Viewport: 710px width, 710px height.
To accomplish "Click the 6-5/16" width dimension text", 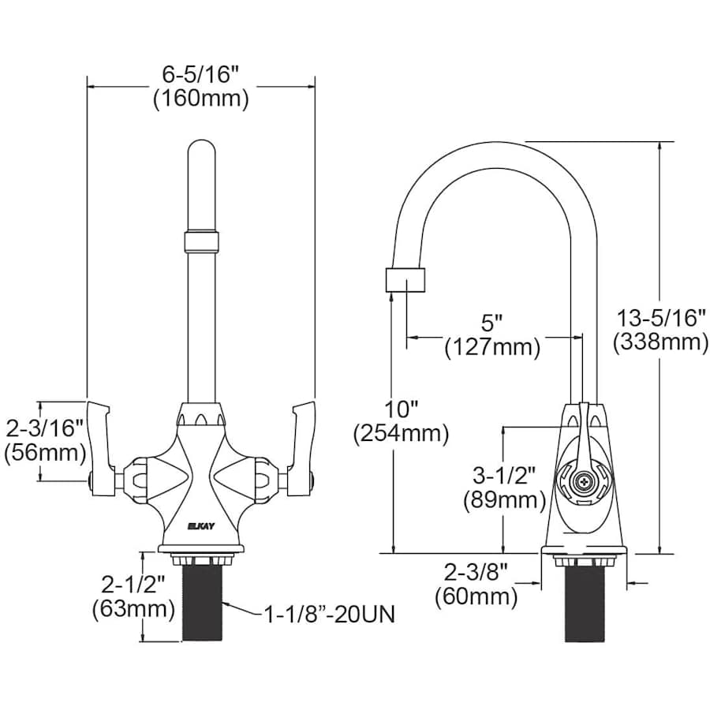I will [x=200, y=75].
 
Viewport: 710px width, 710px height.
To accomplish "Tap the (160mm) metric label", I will [x=200, y=99].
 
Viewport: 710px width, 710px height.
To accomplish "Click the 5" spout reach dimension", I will [x=492, y=323].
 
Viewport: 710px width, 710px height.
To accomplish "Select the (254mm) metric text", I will [x=402, y=433].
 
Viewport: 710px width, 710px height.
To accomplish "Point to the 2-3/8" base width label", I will [x=476, y=572].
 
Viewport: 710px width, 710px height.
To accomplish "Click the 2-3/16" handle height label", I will [x=45, y=428].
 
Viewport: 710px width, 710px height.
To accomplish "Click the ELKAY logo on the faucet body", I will [x=199, y=525].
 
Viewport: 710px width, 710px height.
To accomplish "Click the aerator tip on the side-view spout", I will [x=406, y=280].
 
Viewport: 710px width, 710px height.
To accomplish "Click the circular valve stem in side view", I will [x=582, y=481].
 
